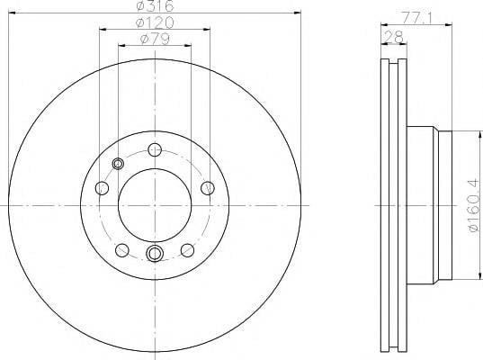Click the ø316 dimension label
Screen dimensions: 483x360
[x=155, y=6]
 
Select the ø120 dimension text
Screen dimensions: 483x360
[x=155, y=22]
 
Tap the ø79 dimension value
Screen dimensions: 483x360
[x=155, y=39]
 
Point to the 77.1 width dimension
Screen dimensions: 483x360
[x=417, y=19]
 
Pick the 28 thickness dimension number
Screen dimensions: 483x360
[x=394, y=38]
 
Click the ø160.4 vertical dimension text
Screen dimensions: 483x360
[x=474, y=205]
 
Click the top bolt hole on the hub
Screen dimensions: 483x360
[x=155, y=150]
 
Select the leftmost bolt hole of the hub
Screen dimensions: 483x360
[x=102, y=188]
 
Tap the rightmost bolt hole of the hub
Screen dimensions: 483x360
[x=208, y=188]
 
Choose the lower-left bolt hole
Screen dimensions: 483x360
[x=122, y=250]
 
